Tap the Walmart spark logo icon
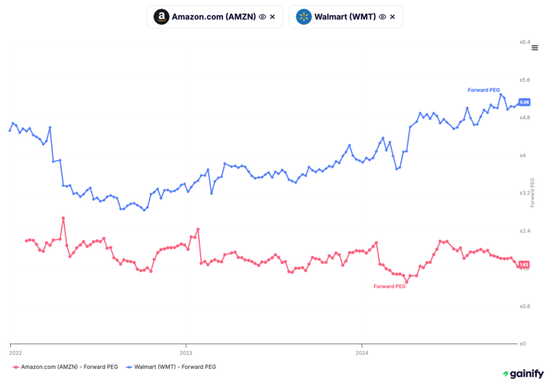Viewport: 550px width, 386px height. [303, 17]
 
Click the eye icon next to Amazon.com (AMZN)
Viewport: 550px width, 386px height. [262, 17]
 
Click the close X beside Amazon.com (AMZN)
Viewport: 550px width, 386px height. [272, 17]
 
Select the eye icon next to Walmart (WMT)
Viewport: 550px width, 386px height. [382, 17]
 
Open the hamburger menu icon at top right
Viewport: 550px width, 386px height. [534, 48]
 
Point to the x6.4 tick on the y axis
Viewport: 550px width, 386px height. [525, 42]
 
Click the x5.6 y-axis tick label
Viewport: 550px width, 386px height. [525, 80]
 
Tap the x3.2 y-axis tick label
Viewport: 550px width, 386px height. [525, 192]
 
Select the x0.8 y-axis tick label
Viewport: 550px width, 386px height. [525, 306]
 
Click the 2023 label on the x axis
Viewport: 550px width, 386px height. [186, 353]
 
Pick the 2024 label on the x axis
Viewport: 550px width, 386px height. [362, 353]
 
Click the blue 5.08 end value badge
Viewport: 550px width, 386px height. [525, 102]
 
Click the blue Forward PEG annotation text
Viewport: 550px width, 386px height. [484, 90]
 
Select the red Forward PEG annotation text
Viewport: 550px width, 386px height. [389, 287]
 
